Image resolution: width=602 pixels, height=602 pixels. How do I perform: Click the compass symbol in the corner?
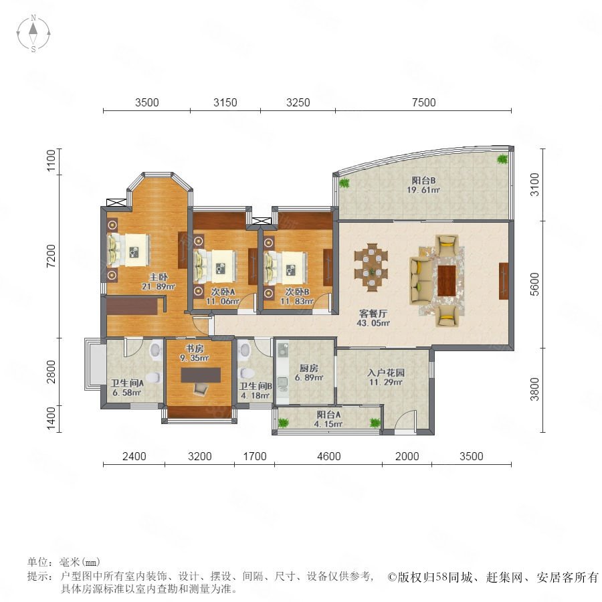[33, 33]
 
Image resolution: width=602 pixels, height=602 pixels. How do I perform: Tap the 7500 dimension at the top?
[424, 102]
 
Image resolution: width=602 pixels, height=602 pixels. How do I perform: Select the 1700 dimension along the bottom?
[255, 456]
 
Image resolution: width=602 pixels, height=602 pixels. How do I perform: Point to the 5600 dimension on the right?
[535, 284]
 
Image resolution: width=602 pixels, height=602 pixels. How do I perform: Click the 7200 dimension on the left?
[51, 256]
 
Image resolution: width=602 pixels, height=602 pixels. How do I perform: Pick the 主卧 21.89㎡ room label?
[158, 282]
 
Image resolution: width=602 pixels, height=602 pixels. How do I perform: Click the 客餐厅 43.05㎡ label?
[373, 318]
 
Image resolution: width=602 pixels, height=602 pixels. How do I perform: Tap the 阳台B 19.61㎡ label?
[423, 185]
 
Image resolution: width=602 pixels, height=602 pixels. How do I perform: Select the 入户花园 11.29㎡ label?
[386, 377]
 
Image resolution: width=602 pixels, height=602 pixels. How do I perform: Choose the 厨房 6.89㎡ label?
[309, 373]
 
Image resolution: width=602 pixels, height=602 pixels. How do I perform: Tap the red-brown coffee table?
[447, 281]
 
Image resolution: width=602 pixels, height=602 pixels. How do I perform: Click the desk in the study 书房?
[201, 375]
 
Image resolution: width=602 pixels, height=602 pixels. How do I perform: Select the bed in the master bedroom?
[128, 250]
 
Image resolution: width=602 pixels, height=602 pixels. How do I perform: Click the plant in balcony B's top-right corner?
[502, 159]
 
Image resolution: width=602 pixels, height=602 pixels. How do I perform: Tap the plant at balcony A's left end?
[284, 423]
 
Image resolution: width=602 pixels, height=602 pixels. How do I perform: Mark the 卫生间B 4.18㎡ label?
[256, 391]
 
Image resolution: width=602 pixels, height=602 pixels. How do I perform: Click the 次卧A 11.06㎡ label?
[223, 296]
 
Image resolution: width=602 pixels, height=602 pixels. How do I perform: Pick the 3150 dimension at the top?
[225, 102]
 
